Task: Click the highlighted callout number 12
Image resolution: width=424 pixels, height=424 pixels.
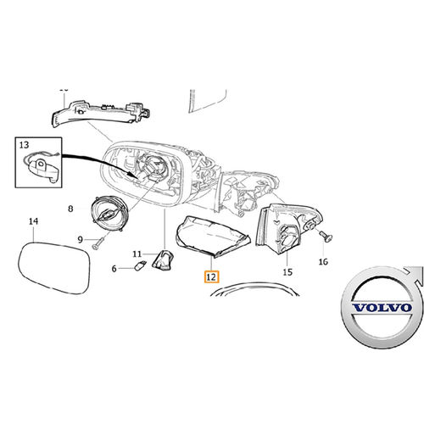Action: [212, 277]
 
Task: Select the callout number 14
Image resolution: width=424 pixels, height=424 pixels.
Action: [33, 221]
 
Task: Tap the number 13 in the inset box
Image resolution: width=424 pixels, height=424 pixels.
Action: [25, 145]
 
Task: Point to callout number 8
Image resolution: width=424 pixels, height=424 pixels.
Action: [70, 209]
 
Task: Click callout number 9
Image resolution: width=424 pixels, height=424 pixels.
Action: [81, 240]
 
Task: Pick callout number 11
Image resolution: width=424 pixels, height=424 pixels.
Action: [137, 254]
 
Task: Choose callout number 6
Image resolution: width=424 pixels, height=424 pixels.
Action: [114, 269]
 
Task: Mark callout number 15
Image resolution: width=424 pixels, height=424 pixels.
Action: [287, 272]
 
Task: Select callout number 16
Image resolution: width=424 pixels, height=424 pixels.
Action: [323, 262]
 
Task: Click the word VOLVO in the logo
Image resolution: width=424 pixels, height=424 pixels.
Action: [382, 308]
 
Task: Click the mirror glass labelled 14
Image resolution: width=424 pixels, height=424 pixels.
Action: [54, 268]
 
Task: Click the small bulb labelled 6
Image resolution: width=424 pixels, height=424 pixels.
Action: [142, 266]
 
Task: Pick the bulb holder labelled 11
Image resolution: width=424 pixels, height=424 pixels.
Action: [163, 259]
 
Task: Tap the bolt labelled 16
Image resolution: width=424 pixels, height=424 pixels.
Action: [326, 237]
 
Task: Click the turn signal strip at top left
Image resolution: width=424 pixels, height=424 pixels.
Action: [99, 112]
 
